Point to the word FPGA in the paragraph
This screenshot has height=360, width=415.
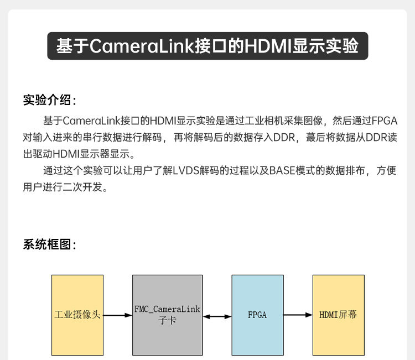click(385, 121)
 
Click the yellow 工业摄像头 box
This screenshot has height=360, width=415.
click(77, 315)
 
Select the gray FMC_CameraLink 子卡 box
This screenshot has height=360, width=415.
click(167, 315)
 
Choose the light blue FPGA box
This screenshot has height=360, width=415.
click(257, 315)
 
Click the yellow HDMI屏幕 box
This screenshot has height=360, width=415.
click(338, 315)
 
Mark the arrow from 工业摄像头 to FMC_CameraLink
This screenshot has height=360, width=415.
click(118, 316)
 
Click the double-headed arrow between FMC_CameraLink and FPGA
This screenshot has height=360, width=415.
click(217, 316)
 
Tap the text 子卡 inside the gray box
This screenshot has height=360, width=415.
click(167, 321)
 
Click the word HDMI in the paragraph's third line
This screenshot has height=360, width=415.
click(70, 154)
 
